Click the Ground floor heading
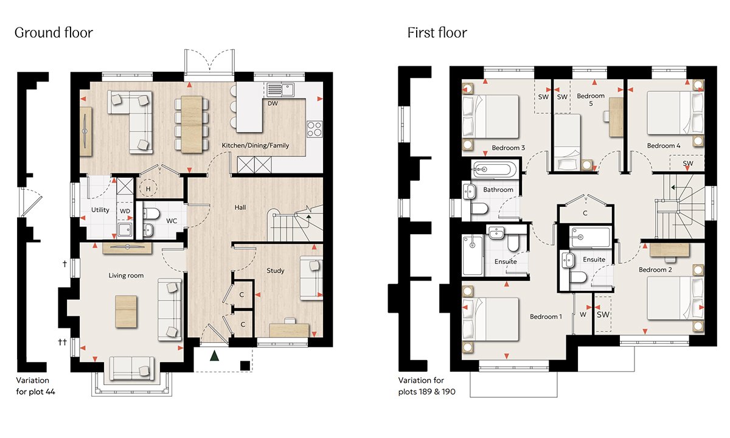54,33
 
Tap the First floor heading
437,33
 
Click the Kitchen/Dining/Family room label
255,145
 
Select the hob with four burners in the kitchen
315,129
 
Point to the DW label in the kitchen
273,103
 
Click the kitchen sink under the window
280,89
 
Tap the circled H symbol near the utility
148,189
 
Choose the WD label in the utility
125,211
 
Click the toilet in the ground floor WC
151,214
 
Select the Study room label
276,271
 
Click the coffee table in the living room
126,311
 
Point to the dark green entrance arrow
214,355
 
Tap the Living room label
126,276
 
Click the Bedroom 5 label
591,100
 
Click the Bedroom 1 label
546,316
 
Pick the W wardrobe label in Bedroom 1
583,315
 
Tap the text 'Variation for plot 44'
35,386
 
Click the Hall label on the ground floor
240,207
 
